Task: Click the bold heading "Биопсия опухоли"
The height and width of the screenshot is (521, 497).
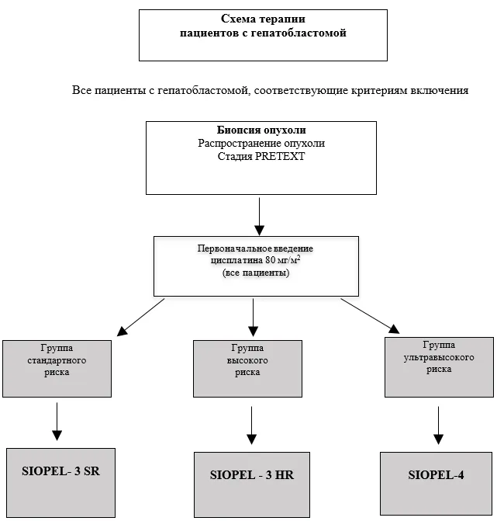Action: point(261,130)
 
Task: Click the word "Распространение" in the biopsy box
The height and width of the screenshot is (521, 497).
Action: point(235,143)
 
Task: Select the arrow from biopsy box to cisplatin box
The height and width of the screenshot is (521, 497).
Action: point(259,217)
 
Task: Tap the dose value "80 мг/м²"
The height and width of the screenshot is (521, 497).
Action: point(283,259)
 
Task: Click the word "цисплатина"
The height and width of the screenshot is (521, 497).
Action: point(237,260)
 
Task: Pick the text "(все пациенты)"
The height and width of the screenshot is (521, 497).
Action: point(256,273)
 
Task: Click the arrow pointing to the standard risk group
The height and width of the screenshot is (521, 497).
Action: point(140,317)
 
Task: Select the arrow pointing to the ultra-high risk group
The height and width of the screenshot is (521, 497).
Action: point(370,316)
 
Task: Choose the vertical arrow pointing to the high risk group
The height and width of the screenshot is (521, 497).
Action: point(253,318)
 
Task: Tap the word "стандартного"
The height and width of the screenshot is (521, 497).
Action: point(57,360)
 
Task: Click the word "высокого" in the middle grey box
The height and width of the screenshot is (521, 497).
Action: point(247,360)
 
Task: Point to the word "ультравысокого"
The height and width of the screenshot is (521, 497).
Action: point(439,357)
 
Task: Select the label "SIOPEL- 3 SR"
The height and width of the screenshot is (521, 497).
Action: point(60,471)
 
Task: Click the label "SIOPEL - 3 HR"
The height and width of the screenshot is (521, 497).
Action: point(252,475)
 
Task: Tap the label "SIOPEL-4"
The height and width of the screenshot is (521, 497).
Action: point(436,475)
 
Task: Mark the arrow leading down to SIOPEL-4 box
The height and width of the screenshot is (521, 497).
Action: point(438,425)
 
